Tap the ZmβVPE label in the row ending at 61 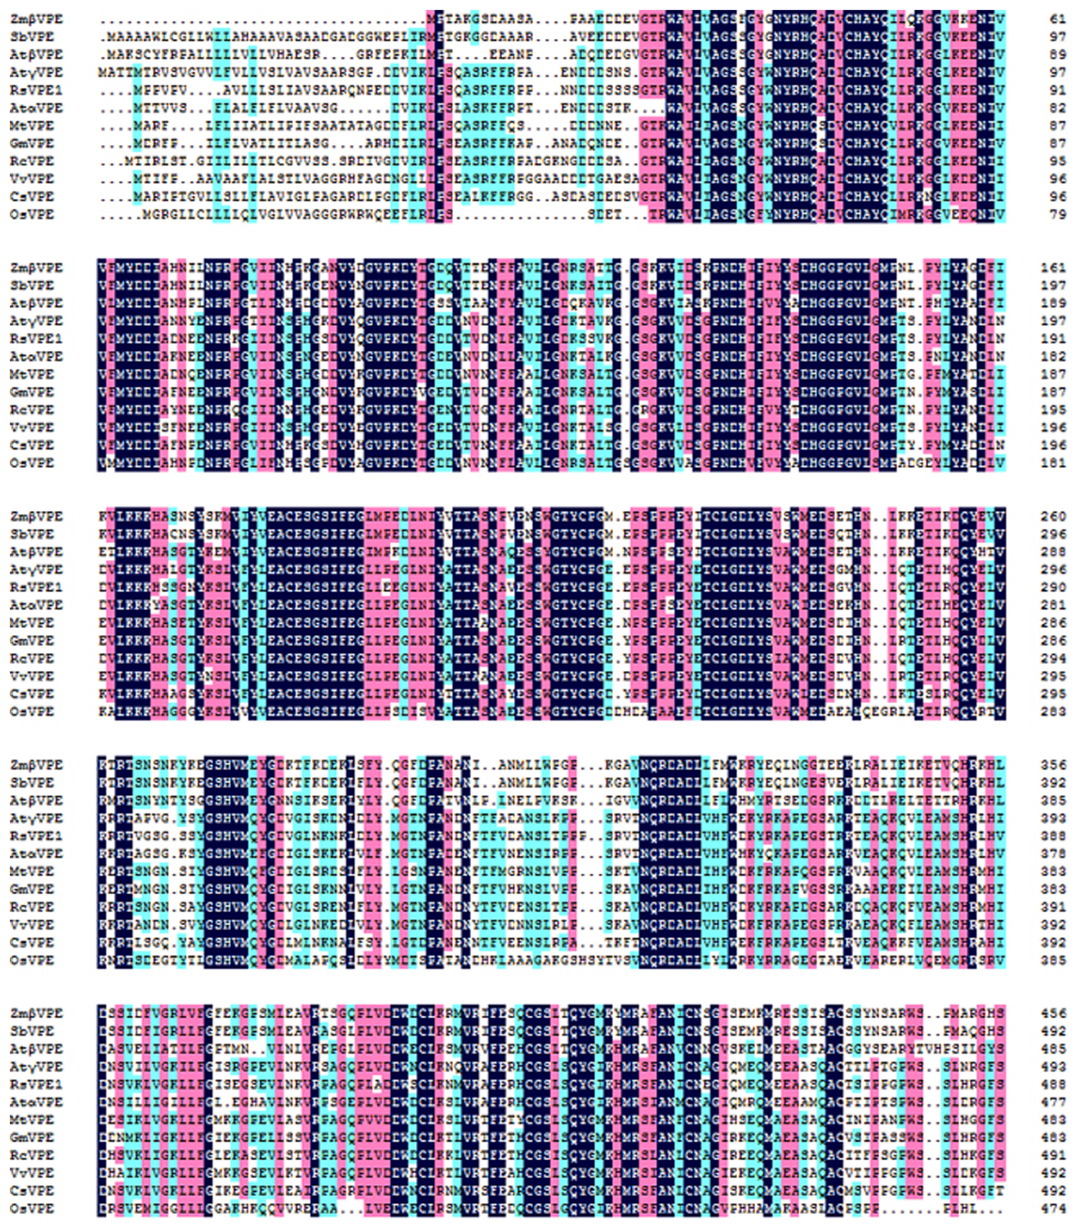coord(36,19)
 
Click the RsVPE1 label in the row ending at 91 coord(36,90)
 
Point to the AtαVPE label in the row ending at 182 coord(36,357)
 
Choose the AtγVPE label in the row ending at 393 coord(36,818)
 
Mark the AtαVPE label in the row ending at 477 coord(36,1102)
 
